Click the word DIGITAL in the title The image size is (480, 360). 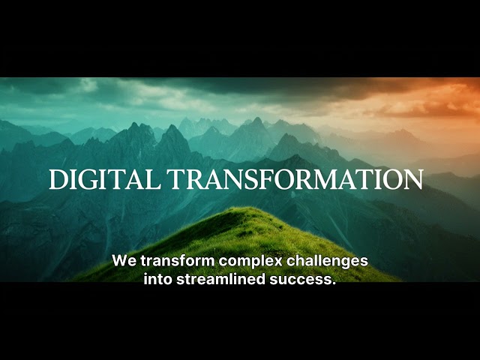coord(105,179)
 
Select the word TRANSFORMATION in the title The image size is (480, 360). coord(295,179)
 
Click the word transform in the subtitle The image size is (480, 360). coord(178,261)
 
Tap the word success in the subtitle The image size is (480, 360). coord(298,280)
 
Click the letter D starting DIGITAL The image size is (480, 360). coord(58,179)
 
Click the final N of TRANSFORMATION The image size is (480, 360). coord(413,179)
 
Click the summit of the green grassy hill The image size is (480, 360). coord(241,208)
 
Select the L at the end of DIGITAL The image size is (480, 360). coord(154,179)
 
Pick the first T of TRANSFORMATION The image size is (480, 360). coord(175,179)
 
